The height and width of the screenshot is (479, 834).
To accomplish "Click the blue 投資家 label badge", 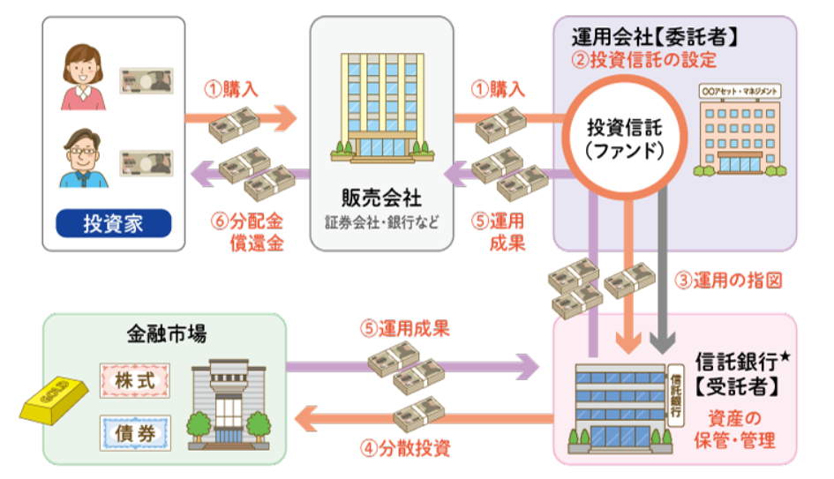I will coord(114,223).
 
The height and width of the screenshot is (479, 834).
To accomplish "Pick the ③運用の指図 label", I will coord(740,281).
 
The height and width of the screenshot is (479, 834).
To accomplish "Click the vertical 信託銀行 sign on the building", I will coord(677,392).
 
